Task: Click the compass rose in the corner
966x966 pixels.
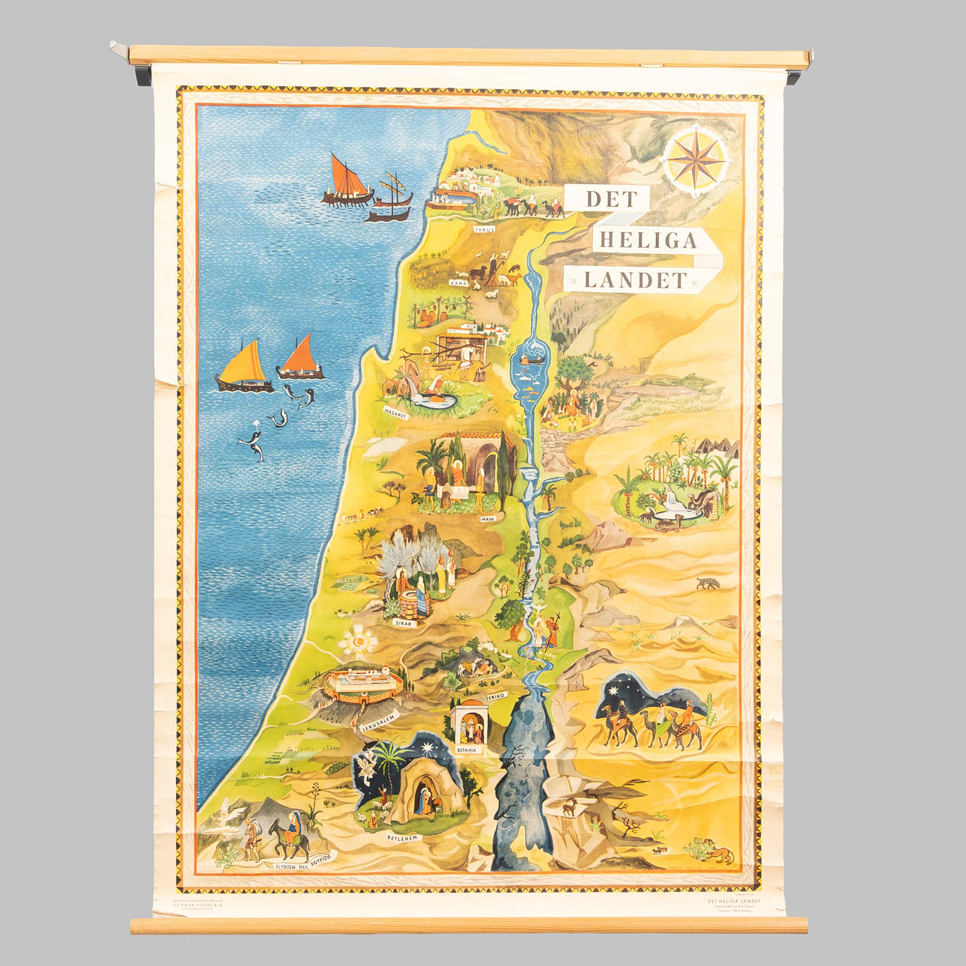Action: coord(695,159)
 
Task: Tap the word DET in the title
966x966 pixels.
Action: coord(611,199)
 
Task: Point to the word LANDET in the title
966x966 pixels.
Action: coord(635,281)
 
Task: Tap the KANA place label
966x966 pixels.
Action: coord(458,284)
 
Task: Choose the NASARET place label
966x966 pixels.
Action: coord(395,412)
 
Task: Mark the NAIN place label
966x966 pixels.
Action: coord(488,518)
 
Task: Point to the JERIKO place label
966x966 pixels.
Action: coord(496,696)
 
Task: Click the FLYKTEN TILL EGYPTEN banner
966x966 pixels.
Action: coord(298,863)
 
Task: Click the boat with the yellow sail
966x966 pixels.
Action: coord(245,368)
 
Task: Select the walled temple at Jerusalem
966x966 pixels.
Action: coord(363,684)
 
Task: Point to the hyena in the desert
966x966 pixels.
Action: coord(708,583)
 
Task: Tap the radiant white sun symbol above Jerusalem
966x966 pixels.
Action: coord(358,641)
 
